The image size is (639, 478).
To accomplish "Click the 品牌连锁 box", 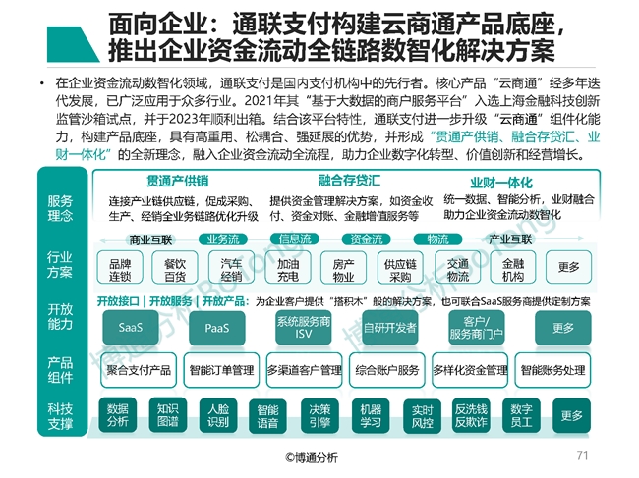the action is point(120,270).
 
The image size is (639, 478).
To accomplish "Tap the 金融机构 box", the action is point(512,270).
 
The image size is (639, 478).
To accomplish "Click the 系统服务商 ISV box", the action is point(303,328).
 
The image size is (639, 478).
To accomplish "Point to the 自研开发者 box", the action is point(390,328).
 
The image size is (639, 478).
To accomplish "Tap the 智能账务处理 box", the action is point(552,370).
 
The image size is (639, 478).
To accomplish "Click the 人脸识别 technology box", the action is point(218,415).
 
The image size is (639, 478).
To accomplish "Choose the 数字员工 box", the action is point(521,415).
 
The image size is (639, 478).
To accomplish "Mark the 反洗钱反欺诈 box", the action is point(471,415).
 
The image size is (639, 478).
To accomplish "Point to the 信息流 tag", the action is point(296,239).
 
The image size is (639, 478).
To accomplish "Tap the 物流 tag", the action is point(437,239).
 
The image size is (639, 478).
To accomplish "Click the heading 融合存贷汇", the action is point(350,182).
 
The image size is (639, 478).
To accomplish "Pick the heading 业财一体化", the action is point(501,182).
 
